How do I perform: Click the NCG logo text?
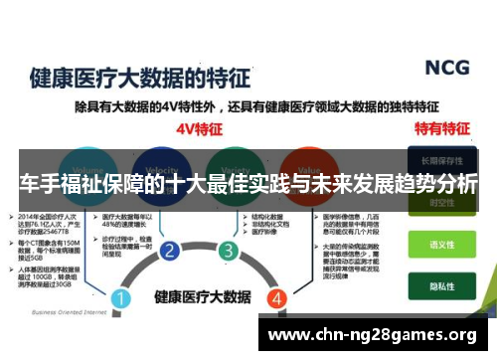pos(446,68)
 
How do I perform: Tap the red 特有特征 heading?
pos(439,128)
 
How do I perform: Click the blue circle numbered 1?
pos(121,297)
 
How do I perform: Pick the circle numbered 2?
pos(169,250)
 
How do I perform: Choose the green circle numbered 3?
pos(229,250)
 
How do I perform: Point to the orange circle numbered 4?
pos(277,297)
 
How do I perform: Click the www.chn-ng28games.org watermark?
pos(373,332)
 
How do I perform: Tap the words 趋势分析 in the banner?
pos(434,185)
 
